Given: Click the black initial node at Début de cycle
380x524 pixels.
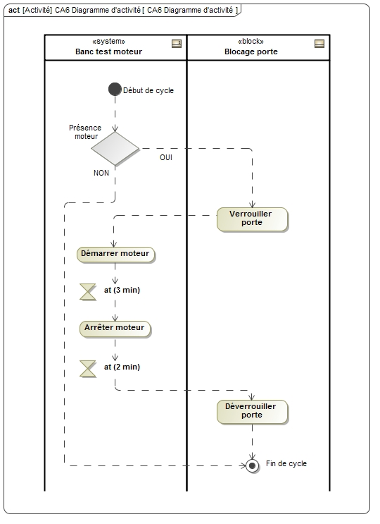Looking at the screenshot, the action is tap(115, 90).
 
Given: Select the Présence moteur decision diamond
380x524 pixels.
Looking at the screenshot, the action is tap(115, 149).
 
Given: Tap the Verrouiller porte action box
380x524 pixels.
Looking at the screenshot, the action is tap(253, 219).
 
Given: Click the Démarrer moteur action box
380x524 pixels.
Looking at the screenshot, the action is tap(115, 255).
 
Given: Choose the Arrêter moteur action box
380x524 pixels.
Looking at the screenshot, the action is tap(115, 329).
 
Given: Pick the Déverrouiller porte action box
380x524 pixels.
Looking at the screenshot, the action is tap(253, 412).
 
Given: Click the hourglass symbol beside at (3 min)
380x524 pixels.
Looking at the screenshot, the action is tap(88, 292).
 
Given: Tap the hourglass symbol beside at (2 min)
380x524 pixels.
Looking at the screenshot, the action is tap(88, 369).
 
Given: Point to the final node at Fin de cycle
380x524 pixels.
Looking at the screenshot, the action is tap(253, 465).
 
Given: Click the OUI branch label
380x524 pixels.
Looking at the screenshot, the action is tap(166, 157).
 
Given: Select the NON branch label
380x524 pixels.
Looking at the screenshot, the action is tap(101, 173).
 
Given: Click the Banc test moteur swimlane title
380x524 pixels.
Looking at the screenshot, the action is tap(108, 51).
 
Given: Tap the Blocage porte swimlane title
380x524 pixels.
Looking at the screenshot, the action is tap(251, 51).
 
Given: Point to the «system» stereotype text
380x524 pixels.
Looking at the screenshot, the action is tap(108, 41).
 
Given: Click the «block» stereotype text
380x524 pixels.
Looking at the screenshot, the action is tap(251, 41).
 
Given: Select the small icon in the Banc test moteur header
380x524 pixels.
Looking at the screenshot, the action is tap(177, 44).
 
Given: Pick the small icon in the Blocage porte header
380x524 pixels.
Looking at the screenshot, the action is tap(319, 44).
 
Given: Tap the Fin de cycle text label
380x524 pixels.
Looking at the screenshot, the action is tap(286, 463).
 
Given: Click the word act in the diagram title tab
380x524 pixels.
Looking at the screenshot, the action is tap(14, 10).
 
